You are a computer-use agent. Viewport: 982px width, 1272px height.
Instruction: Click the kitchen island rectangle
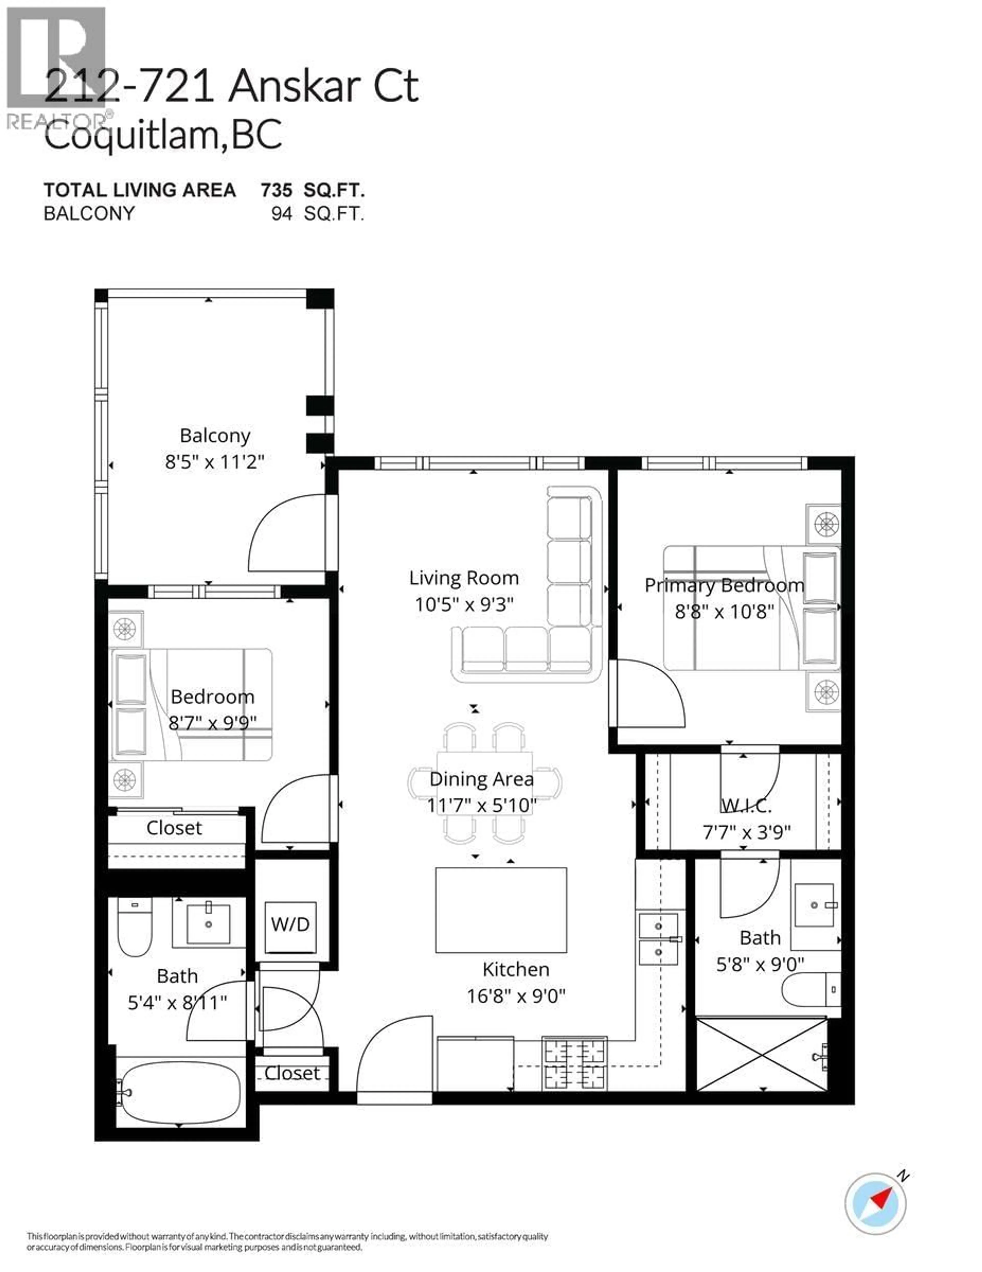coord(501,910)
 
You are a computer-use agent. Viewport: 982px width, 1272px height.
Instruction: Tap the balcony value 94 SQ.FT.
coord(317,214)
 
